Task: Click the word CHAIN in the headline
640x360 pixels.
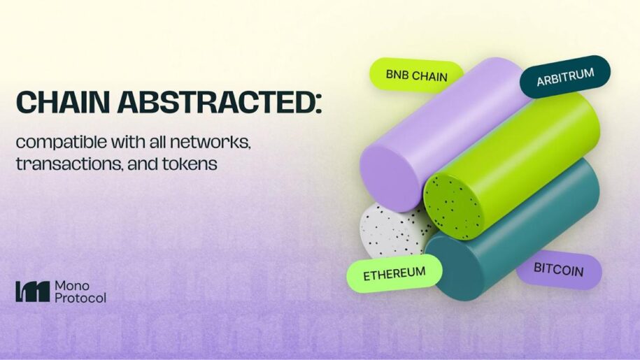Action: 63,102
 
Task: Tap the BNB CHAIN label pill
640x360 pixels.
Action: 416,75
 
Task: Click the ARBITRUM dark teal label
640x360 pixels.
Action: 565,77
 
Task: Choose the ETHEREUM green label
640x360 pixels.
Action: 394,273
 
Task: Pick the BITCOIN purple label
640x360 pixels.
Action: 558,270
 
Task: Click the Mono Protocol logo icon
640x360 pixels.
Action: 33,291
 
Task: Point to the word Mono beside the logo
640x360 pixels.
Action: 72,286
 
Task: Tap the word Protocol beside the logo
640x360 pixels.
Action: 80,298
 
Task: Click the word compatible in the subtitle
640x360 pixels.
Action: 62,143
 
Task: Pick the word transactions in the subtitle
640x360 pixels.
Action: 70,164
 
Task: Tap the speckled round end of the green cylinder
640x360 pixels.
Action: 453,208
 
